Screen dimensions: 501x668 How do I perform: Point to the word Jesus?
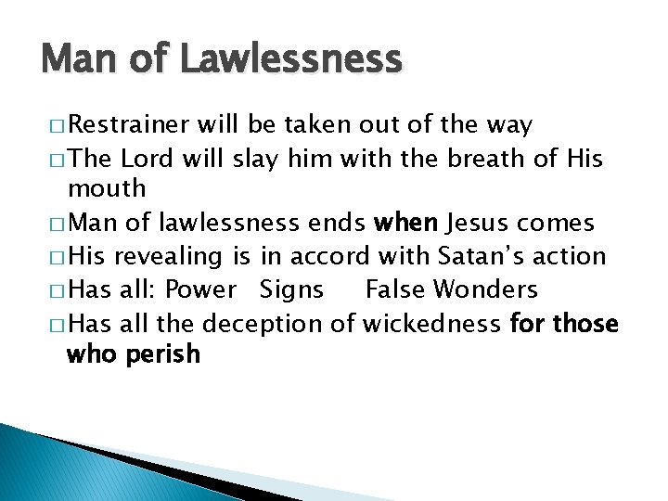pos(481,223)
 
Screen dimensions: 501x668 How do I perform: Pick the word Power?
pos(200,289)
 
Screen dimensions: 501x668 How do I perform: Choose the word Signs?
pos(292,289)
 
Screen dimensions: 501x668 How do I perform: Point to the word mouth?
pos(107,189)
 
